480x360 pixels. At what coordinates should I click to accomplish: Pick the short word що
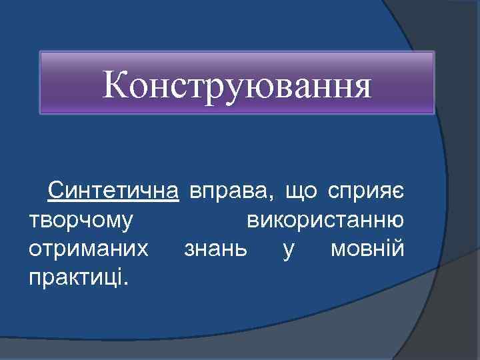pyautogui.click(x=301, y=194)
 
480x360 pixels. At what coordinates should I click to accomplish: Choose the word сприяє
pyautogui.click(x=365, y=194)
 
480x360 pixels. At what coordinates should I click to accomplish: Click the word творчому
pyautogui.click(x=81, y=221)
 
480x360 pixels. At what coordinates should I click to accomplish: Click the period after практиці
pyautogui.click(x=125, y=282)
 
